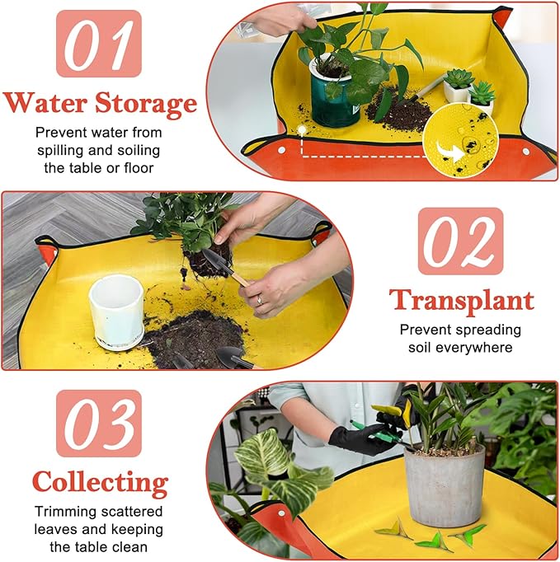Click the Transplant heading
coord(461,301)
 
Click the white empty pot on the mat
coord(115,311)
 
